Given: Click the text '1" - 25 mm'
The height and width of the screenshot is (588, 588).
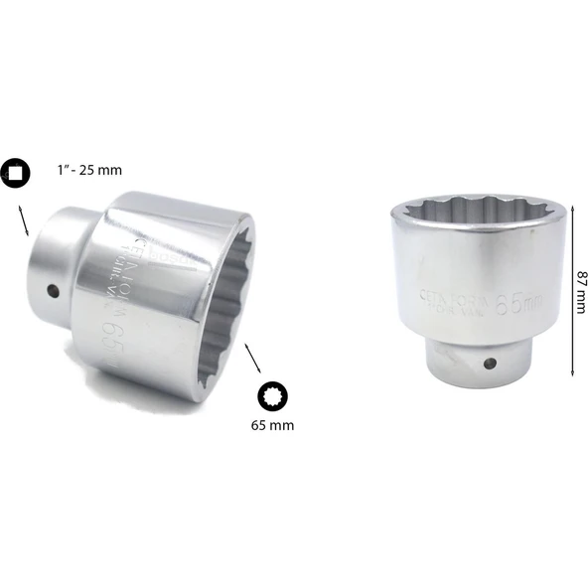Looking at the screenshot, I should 88,171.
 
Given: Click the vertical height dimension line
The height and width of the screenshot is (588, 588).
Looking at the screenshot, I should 573,288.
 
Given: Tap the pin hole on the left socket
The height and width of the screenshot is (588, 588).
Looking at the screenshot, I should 53,292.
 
